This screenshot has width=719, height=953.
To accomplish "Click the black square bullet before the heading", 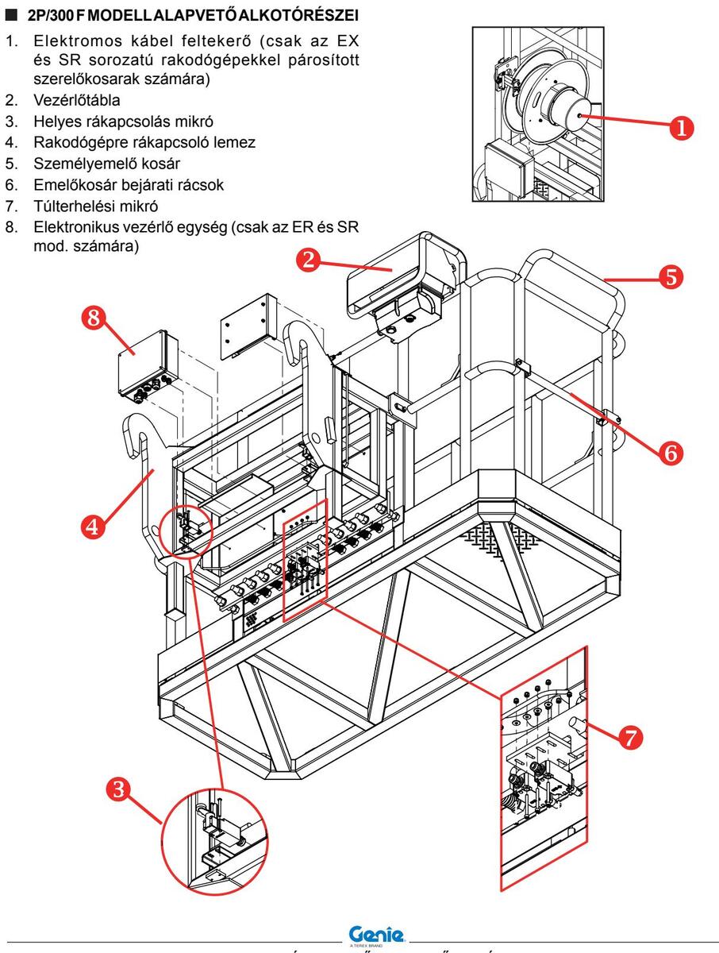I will click(x=12, y=15).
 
